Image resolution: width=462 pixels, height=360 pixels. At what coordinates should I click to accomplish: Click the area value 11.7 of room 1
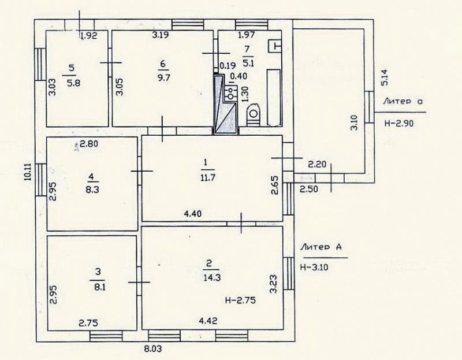(x=207, y=178)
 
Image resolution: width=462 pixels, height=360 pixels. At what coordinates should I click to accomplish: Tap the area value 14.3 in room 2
(x=212, y=277)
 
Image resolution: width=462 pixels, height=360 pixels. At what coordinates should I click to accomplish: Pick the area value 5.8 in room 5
(x=73, y=83)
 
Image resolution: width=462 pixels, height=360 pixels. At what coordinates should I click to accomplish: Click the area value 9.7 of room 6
(x=163, y=78)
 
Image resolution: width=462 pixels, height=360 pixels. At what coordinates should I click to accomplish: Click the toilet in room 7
(x=253, y=115)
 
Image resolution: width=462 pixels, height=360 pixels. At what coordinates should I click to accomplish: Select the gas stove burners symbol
(x=230, y=91)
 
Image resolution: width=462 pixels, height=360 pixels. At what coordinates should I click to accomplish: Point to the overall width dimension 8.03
(x=152, y=350)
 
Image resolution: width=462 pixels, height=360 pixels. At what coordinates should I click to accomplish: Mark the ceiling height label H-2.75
(x=240, y=300)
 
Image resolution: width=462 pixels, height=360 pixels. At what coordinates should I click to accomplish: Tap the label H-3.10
(x=314, y=268)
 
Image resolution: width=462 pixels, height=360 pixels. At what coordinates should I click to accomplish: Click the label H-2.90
(x=399, y=123)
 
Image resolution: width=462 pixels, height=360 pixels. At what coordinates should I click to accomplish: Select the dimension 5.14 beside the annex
(x=385, y=77)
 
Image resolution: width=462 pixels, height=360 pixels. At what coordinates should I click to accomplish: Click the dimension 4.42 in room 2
(x=208, y=321)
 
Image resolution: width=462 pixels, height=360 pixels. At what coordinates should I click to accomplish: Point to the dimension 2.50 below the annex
(x=309, y=189)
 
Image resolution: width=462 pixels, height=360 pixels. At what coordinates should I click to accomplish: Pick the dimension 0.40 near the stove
(x=239, y=76)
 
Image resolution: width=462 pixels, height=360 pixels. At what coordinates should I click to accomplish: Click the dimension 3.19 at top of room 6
(x=161, y=35)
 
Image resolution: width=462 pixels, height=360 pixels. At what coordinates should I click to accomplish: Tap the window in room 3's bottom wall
(x=106, y=336)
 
